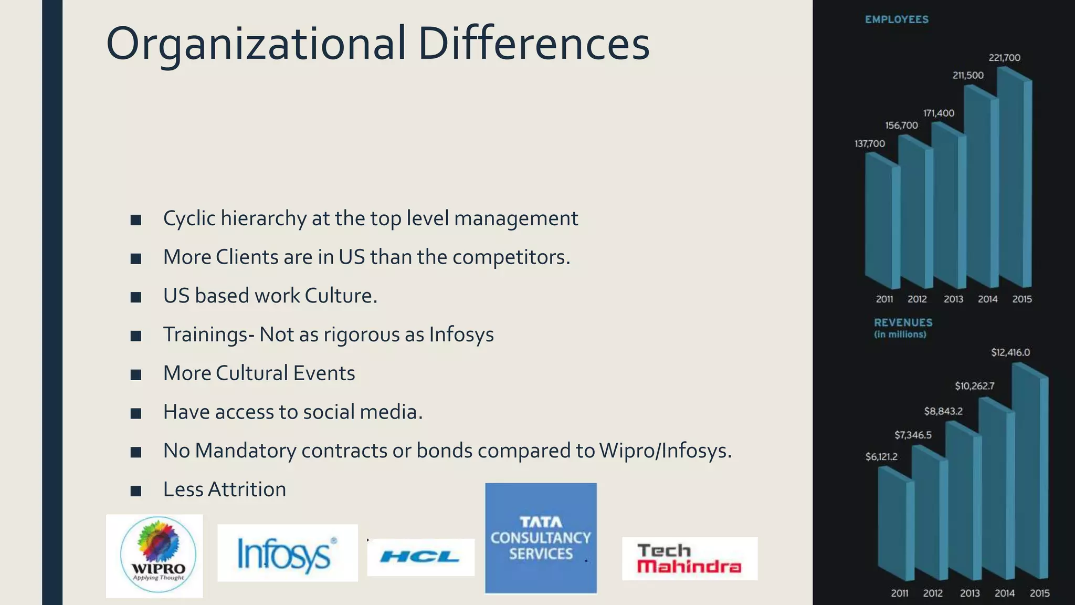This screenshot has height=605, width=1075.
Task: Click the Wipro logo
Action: [154, 556]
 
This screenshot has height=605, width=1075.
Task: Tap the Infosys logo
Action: [287, 553]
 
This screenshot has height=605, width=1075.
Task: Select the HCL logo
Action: [420, 557]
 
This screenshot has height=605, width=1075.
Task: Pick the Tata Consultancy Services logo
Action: [541, 538]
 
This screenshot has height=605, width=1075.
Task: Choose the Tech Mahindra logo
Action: [689, 558]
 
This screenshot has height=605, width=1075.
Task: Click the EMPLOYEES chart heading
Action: [897, 20]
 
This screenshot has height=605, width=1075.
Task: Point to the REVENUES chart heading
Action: [903, 322]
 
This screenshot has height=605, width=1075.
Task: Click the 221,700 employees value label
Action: [1004, 58]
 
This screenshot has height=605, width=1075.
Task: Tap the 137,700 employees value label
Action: [869, 143]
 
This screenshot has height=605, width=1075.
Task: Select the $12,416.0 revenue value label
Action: [1010, 352]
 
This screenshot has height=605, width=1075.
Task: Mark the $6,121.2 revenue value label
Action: [881, 456]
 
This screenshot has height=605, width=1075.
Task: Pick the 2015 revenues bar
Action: [1030, 473]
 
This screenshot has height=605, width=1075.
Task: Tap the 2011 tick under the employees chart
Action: [884, 299]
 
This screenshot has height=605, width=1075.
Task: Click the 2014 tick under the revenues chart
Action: [1004, 593]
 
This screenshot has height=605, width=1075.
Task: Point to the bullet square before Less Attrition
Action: [136, 491]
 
